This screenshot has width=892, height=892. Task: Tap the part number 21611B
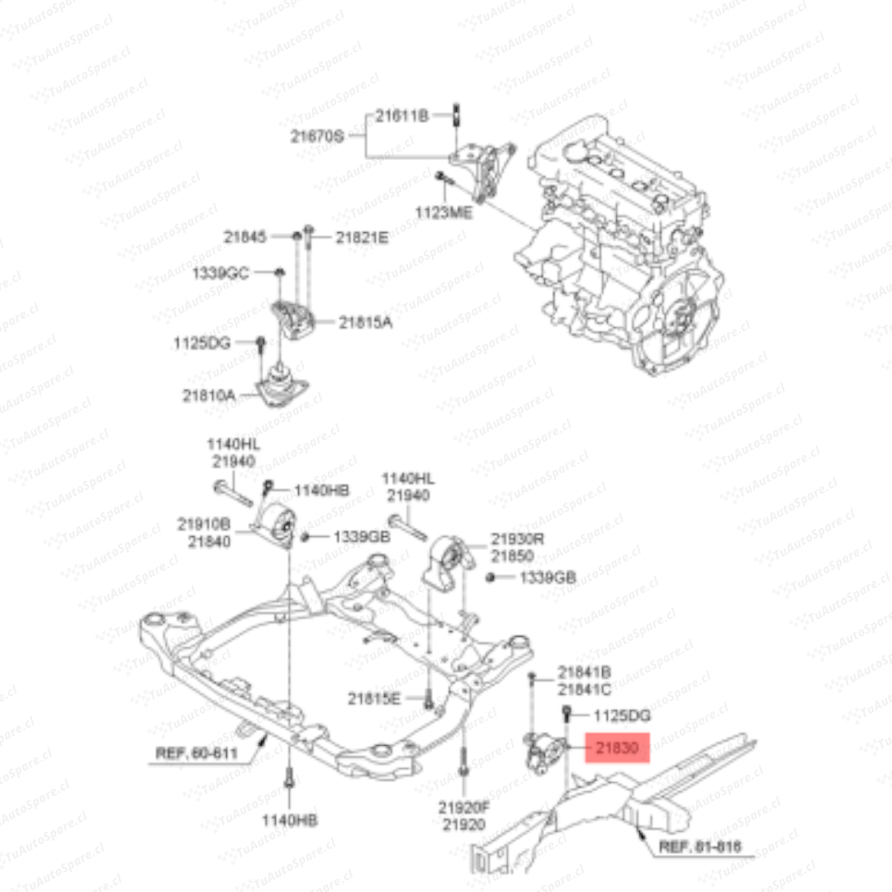point(402,116)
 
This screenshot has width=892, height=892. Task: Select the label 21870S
point(317,137)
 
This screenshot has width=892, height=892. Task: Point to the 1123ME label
point(444,213)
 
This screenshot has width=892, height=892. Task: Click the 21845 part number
point(245,237)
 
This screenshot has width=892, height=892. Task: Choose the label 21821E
point(361,238)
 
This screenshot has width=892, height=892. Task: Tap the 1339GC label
point(220,273)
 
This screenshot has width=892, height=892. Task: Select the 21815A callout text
point(365,323)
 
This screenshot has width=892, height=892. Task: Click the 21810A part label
point(209,396)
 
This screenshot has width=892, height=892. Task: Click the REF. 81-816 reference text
point(700,847)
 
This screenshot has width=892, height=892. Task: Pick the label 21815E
point(373,699)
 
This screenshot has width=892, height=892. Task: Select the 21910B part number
point(203,524)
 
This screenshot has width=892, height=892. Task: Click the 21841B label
point(584,672)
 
